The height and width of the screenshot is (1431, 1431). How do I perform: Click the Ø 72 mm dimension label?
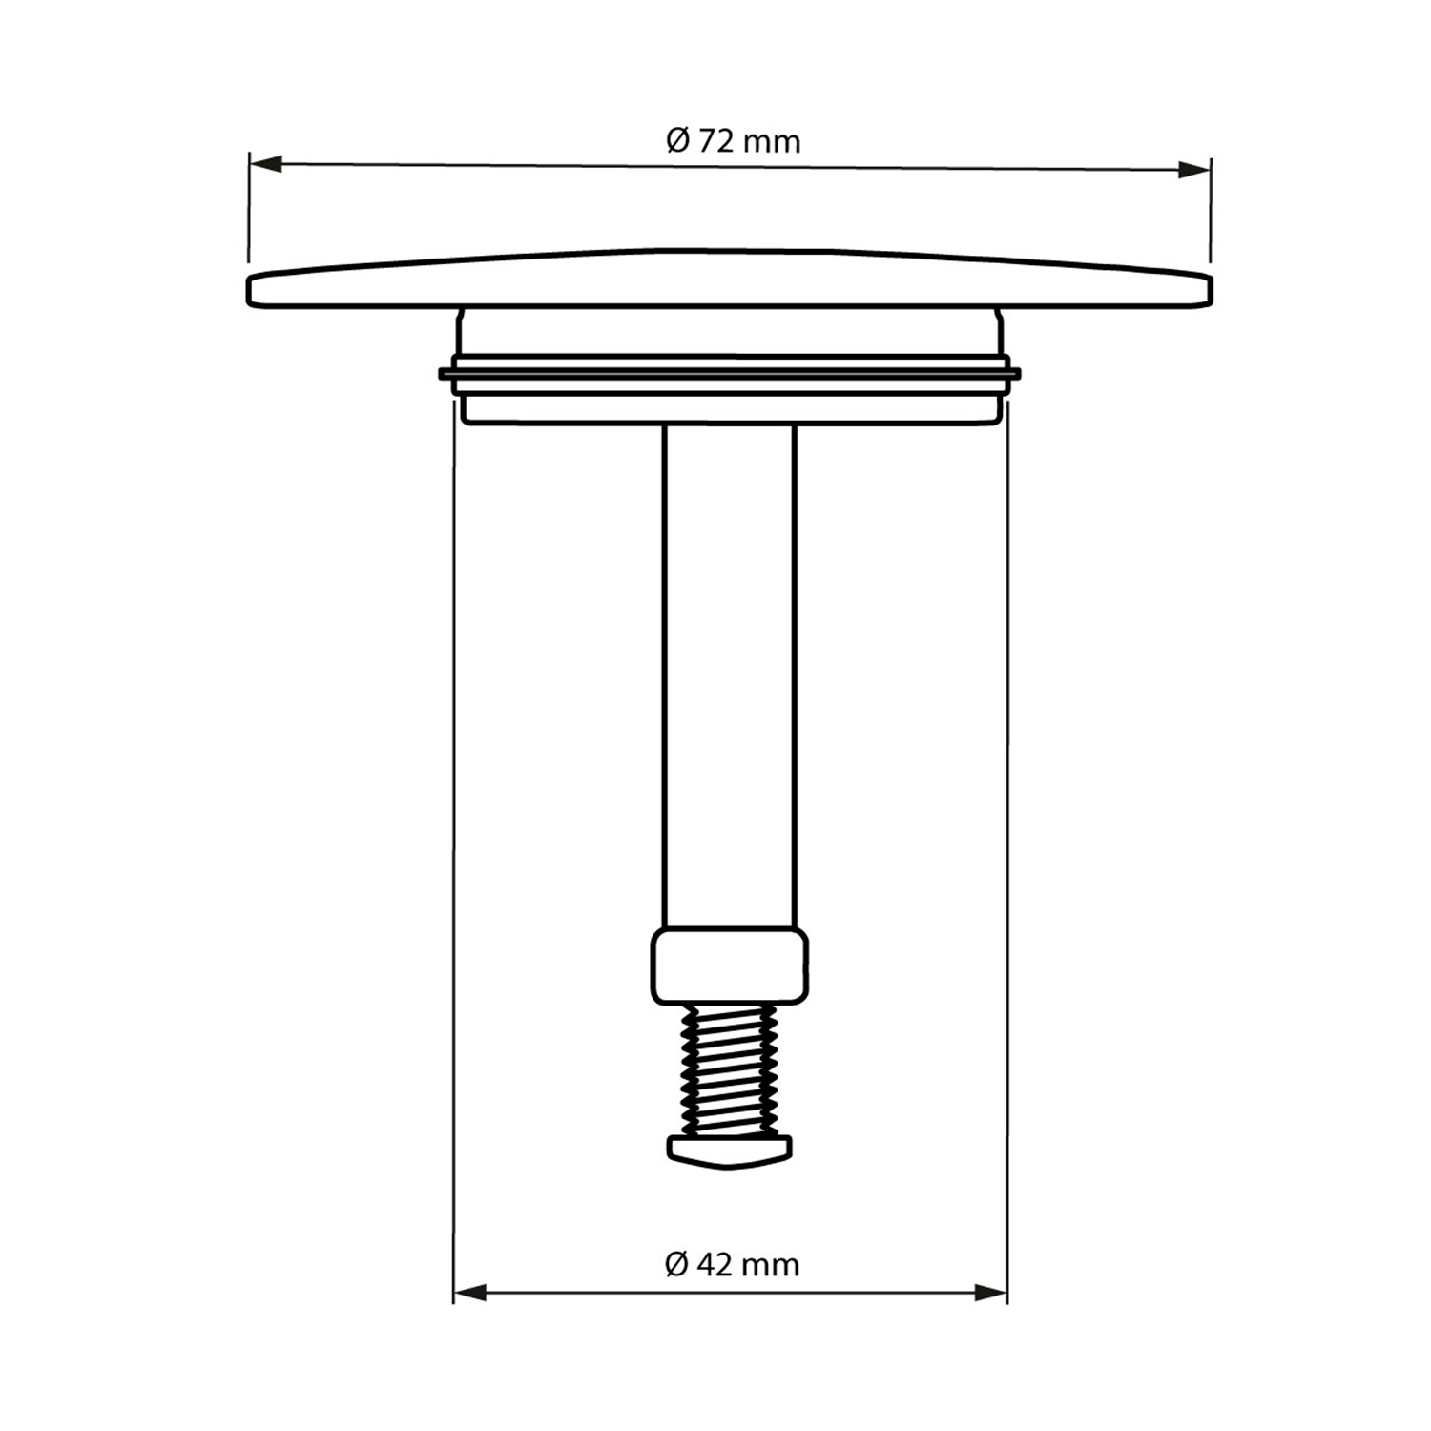(x=733, y=141)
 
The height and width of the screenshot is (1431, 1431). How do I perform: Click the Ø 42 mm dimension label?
(x=732, y=1265)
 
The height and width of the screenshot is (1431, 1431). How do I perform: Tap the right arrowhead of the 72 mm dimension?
(x=1193, y=170)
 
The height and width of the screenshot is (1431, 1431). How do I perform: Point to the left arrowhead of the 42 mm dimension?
(x=470, y=1293)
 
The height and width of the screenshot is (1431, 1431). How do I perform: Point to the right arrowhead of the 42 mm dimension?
(x=990, y=1293)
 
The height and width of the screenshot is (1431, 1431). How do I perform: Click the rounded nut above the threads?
(x=730, y=966)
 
